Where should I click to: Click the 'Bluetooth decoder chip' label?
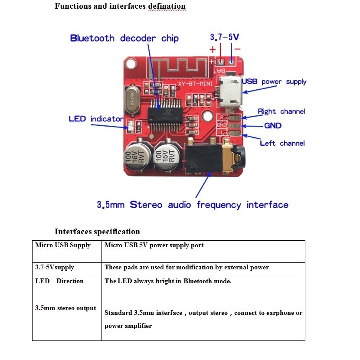124,38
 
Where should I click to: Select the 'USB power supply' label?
274,82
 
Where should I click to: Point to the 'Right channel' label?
281,111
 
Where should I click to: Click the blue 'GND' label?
273,126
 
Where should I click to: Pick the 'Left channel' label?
282,143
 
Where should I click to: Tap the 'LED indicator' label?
96,119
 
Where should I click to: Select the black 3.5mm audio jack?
213,160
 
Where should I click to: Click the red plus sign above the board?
213,49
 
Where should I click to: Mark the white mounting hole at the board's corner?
131,64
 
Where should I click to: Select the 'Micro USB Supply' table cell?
63,245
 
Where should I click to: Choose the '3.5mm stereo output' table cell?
65,308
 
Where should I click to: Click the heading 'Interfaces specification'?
97,231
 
